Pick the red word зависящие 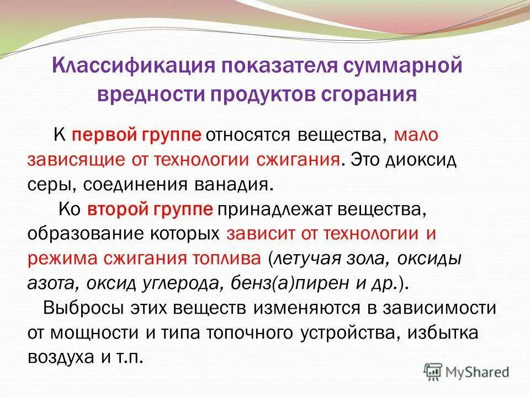(66, 160)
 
